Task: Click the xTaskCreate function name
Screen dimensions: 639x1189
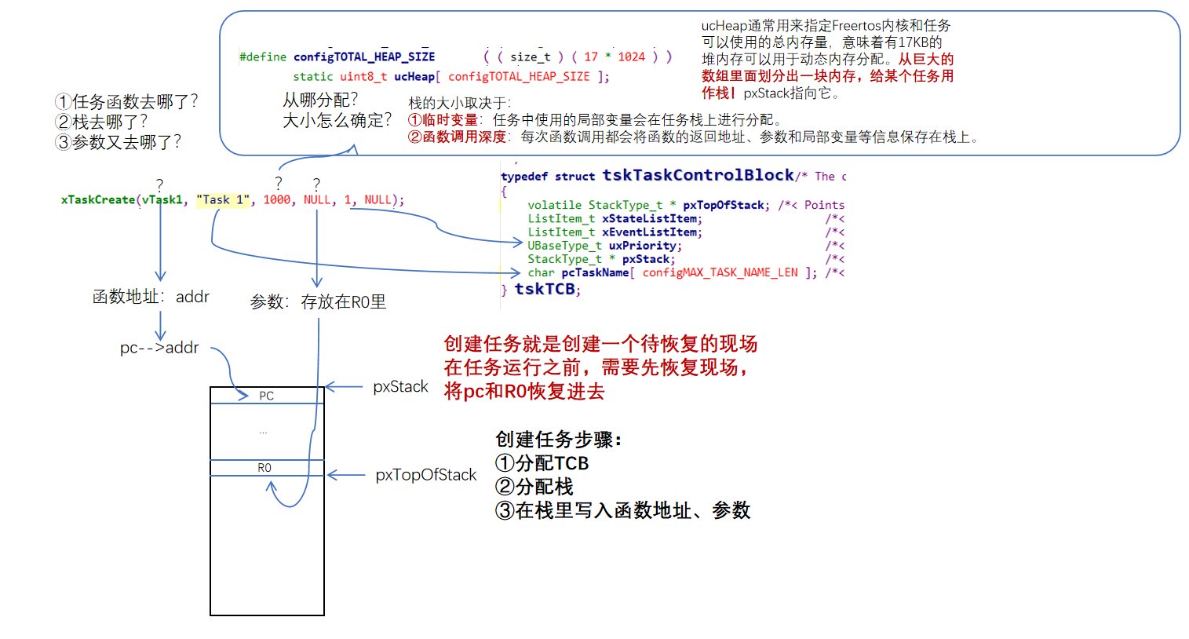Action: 98,200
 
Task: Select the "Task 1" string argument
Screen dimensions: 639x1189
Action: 223,200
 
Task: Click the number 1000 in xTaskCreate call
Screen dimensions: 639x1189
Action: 276,200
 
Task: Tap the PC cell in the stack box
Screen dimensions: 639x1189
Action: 267,396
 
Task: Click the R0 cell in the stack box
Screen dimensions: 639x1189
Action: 264,468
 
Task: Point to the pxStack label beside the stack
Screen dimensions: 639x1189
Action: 400,387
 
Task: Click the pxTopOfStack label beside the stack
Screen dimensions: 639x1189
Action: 425,475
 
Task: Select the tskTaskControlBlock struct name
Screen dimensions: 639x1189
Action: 698,175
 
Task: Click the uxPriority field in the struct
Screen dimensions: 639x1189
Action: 644,246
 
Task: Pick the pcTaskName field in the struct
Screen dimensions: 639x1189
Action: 595,272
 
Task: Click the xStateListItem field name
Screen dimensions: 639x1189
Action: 651,219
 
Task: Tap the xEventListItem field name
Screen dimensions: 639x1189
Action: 651,232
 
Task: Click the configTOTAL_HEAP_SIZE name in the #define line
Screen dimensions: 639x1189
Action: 364,57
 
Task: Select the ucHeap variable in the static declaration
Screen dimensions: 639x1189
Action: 414,76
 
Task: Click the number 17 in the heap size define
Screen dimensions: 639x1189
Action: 591,57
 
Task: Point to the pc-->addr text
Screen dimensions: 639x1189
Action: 159,348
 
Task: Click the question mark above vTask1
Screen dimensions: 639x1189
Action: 159,184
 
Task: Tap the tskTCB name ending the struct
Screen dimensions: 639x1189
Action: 545,289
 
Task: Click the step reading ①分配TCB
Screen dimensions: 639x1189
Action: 542,463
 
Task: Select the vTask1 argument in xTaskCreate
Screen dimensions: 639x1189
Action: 162,200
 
